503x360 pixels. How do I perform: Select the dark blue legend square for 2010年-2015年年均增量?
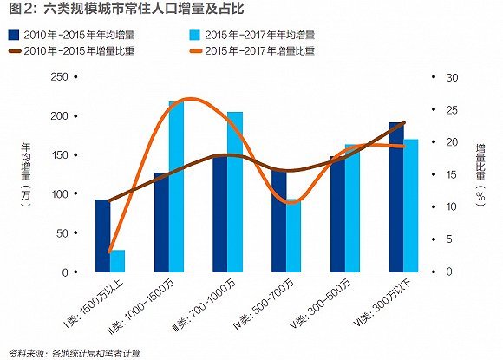14,36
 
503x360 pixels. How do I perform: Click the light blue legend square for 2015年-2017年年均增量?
195,36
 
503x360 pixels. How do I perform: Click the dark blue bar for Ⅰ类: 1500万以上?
102,236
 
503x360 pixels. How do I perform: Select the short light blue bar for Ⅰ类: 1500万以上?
118,261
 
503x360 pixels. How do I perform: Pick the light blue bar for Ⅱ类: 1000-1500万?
176,187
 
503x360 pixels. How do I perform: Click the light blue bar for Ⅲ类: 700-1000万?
235,192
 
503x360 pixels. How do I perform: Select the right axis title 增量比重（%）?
480,174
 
